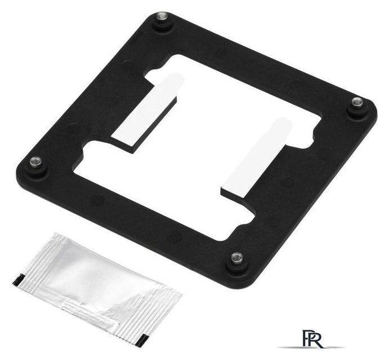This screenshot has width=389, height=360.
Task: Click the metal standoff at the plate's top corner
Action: pyautogui.click(x=162, y=17)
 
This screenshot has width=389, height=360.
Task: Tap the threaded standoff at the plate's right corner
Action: pyautogui.click(x=357, y=102)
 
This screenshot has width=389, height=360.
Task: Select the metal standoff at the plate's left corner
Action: pyautogui.click(x=35, y=163)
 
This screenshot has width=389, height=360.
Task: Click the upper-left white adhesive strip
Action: pyautogui.click(x=144, y=109)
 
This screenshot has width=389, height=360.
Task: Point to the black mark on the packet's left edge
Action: pyautogui.click(x=19, y=280)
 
